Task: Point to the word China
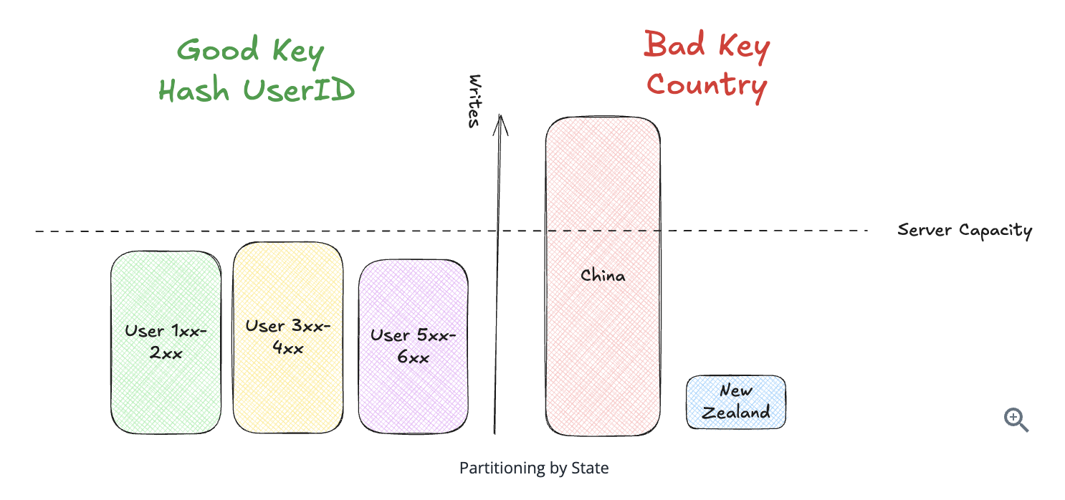pyautogui.click(x=603, y=275)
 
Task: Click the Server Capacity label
pyautogui.click(x=965, y=231)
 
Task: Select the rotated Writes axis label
pyautogui.click(x=473, y=101)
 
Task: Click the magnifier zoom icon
pyautogui.click(x=1016, y=419)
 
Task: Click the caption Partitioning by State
pyautogui.click(x=534, y=468)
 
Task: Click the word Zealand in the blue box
pyautogui.click(x=735, y=413)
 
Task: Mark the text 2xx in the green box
pyautogui.click(x=166, y=353)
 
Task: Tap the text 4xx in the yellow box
pyautogui.click(x=287, y=349)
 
